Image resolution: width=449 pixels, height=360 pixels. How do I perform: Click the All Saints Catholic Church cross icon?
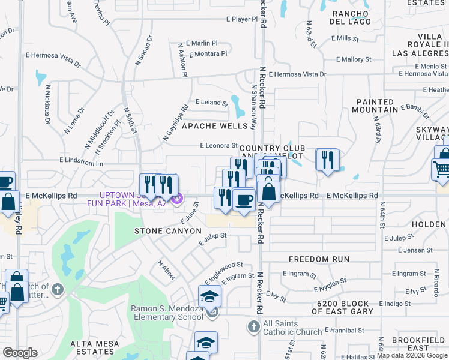coord(253,326)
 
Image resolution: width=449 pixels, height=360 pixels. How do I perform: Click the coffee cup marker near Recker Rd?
coord(244,199)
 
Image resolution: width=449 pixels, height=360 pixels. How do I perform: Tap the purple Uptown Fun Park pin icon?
coord(176,199)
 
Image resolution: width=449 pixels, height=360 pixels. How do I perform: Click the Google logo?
coord(20,353)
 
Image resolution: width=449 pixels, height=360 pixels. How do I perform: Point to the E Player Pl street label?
coord(242,19)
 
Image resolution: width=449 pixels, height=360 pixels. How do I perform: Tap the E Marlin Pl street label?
coord(202,43)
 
